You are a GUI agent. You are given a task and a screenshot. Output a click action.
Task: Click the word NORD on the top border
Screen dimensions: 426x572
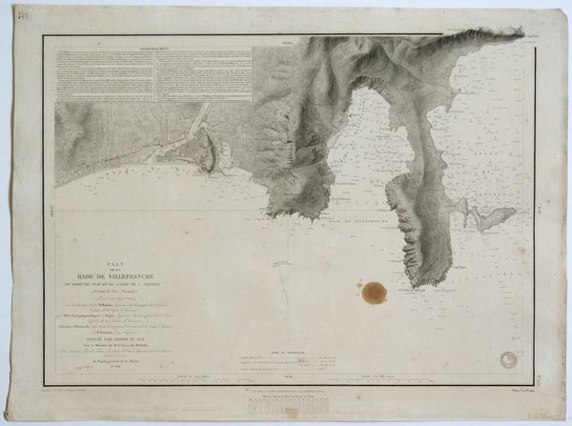click(x=288, y=39)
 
